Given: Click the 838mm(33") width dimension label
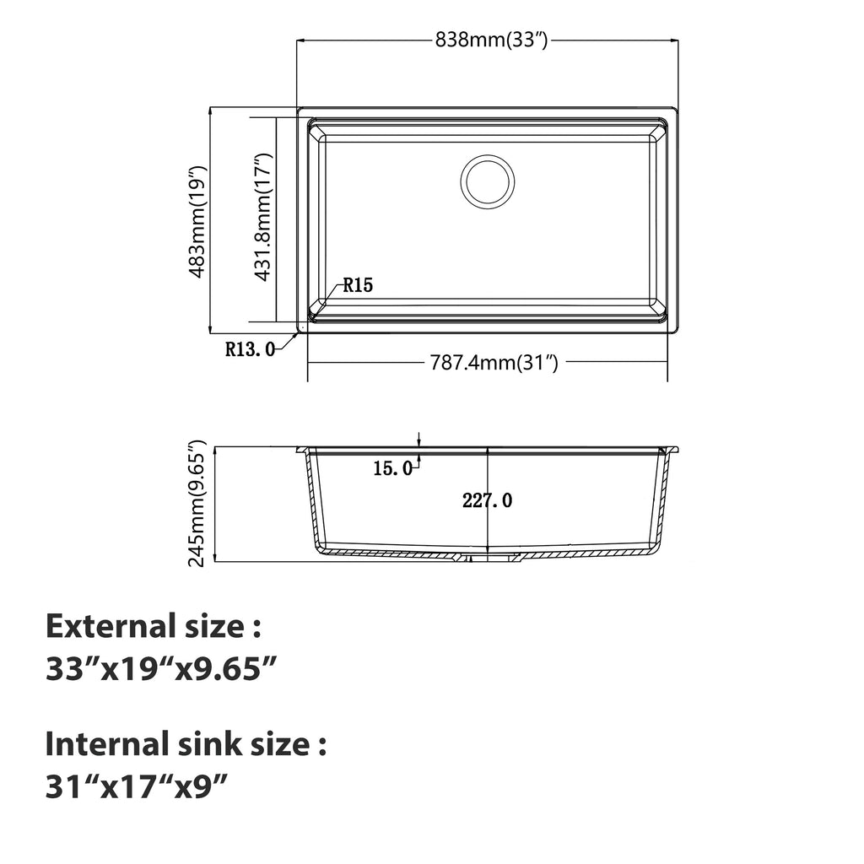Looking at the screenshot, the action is click(x=492, y=40).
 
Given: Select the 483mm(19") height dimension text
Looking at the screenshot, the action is click(x=197, y=221).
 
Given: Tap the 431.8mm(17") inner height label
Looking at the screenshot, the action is click(x=263, y=217).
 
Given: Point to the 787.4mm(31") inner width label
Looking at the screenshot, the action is click(x=494, y=363).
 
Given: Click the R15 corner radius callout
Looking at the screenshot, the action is click(x=358, y=285).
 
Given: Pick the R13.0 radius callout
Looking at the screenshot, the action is click(x=250, y=348).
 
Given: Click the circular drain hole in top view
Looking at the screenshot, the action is click(x=488, y=182).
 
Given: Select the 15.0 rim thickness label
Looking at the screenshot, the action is click(x=392, y=468).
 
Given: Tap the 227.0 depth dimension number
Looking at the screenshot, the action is click(x=487, y=500).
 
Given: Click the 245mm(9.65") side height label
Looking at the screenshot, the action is click(x=197, y=503).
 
